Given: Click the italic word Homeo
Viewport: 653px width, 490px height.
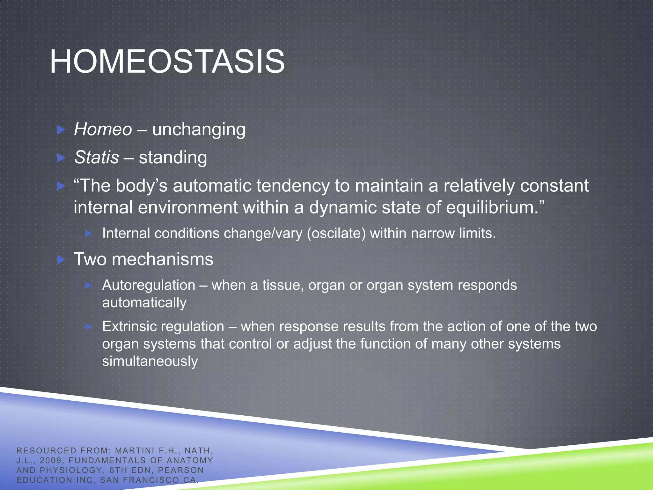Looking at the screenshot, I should [x=103, y=130].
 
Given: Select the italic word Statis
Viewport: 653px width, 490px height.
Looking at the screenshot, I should [x=96, y=158].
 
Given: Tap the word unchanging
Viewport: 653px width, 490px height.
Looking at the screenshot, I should [x=199, y=130].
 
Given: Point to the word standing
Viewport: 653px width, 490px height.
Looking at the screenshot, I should [x=173, y=158].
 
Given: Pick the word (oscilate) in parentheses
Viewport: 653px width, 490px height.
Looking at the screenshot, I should [x=336, y=234].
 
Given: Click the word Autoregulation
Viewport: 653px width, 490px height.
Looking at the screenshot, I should [x=149, y=285].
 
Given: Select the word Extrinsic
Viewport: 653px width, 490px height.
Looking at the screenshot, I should [x=131, y=326].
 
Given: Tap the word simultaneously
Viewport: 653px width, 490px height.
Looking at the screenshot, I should [x=150, y=361].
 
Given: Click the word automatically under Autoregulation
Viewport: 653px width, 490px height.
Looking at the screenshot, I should [x=144, y=303].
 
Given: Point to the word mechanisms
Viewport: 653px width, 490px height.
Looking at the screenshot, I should [x=162, y=259].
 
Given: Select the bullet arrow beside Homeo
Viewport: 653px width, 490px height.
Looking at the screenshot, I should [x=61, y=130].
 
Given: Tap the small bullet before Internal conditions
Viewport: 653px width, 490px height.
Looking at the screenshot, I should [x=88, y=234].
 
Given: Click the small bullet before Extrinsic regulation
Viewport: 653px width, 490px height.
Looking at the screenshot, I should [x=88, y=326].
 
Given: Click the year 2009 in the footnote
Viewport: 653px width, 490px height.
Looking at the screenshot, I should [x=51, y=460].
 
